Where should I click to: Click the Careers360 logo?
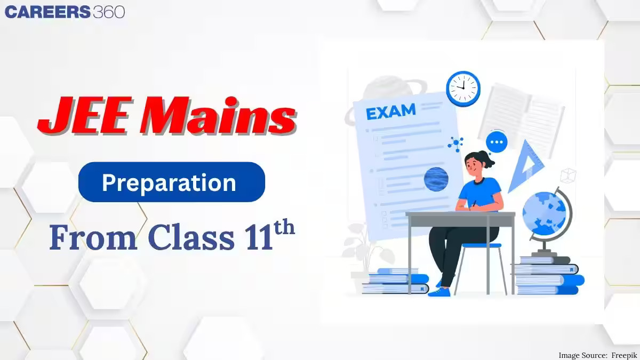click(x=65, y=12)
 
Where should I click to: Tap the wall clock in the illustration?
click(x=463, y=87)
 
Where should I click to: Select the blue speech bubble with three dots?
click(x=497, y=142)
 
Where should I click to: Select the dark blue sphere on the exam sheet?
click(x=436, y=179)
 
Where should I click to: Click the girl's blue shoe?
click(x=439, y=292)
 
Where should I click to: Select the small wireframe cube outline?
click(x=569, y=174)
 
